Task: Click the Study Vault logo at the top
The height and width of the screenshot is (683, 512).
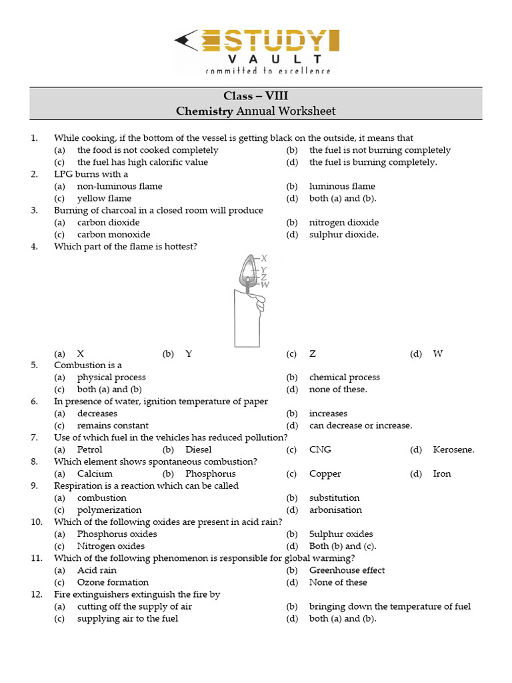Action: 257,50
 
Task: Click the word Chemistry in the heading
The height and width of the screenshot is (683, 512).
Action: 205,111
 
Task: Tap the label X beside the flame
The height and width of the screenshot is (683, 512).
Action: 264,258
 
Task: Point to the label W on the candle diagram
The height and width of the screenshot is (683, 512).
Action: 265,285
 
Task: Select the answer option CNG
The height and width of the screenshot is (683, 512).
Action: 320,450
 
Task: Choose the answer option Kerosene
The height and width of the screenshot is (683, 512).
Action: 453,450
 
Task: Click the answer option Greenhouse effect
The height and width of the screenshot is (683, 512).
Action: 347,570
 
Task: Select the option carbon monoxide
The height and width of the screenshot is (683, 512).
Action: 113,234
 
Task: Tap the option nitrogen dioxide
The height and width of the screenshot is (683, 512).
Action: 343,222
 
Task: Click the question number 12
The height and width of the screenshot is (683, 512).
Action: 36,594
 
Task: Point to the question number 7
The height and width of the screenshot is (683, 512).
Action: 34,438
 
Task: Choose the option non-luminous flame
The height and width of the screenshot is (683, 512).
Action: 119,186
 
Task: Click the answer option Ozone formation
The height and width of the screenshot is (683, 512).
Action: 113,582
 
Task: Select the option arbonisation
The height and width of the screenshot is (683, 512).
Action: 335,510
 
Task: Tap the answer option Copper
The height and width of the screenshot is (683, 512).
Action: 325,474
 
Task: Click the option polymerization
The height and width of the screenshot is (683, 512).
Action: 109,510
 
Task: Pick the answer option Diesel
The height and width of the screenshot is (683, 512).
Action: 199,450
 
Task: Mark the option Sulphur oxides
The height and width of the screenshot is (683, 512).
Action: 341,534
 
